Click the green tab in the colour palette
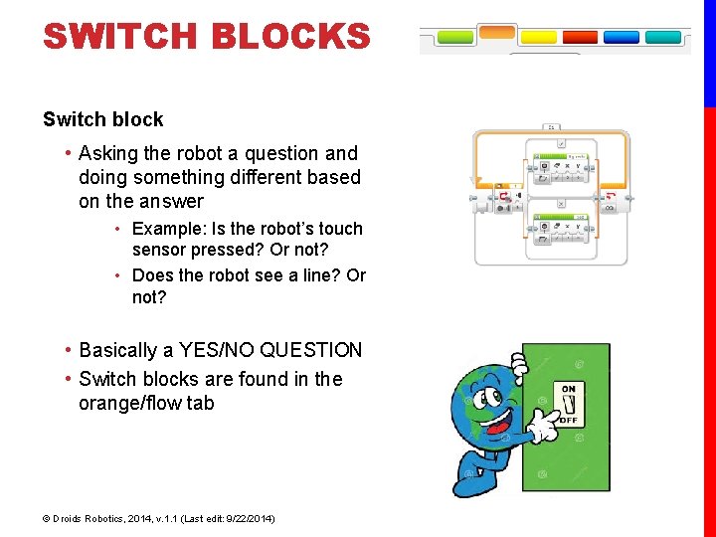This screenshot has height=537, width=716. click(x=456, y=38)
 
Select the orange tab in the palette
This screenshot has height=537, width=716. click(x=497, y=33)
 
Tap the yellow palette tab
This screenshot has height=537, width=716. click(x=539, y=38)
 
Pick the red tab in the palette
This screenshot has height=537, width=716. click(x=581, y=38)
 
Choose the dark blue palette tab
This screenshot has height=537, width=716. click(x=622, y=38)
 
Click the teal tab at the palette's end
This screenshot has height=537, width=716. click(x=663, y=38)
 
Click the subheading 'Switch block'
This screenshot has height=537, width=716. click(x=102, y=119)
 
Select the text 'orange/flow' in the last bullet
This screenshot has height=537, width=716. click(x=146, y=403)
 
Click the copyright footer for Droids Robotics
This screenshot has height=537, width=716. click(x=159, y=518)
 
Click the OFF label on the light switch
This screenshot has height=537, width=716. click(x=568, y=421)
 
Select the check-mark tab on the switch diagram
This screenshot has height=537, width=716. click(x=562, y=144)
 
